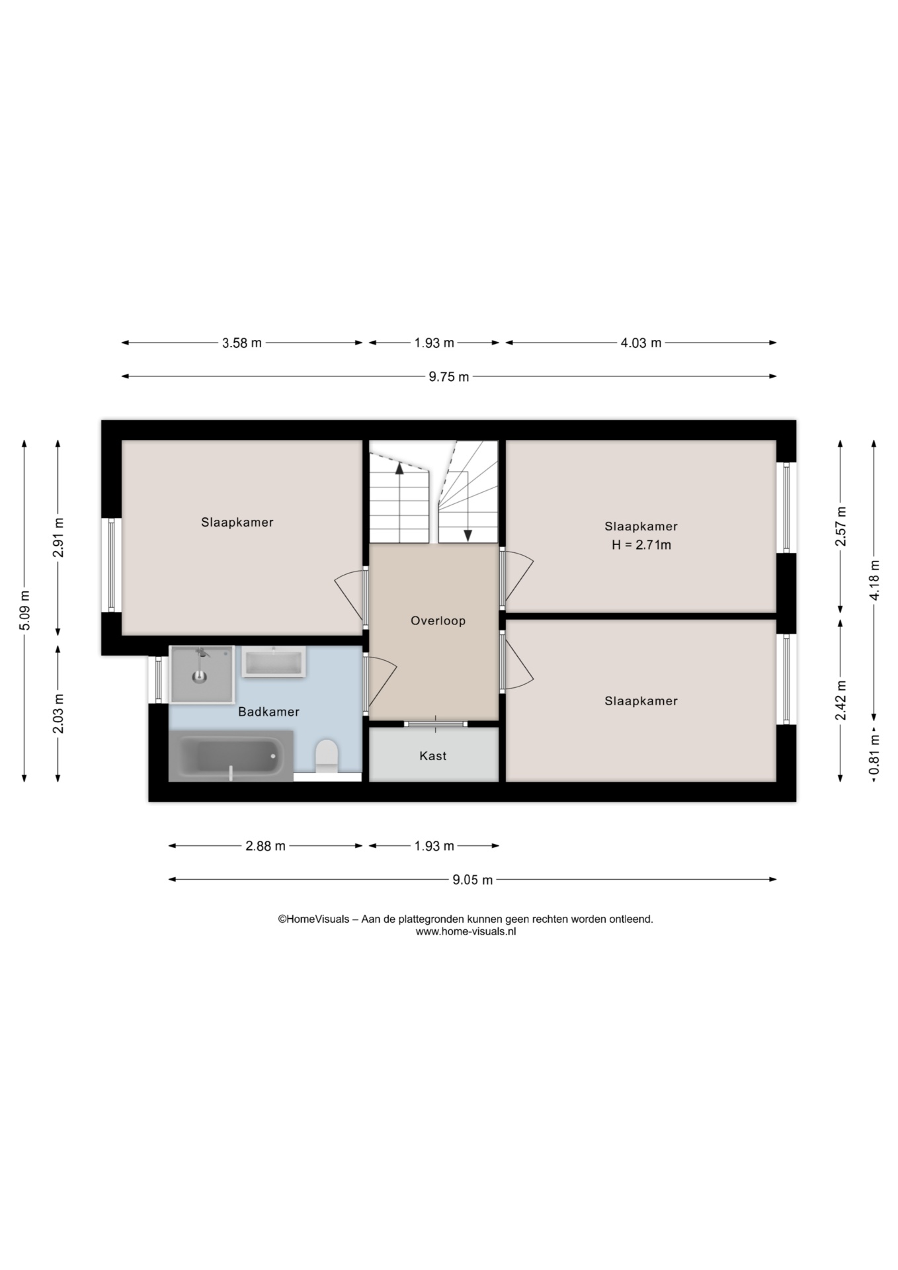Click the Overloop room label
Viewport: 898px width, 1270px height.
click(x=438, y=620)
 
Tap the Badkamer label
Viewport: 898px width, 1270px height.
click(x=268, y=712)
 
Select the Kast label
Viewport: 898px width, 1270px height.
click(x=433, y=755)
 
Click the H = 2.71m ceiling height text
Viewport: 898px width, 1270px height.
click(x=641, y=545)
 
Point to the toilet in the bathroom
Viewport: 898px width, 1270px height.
click(x=327, y=756)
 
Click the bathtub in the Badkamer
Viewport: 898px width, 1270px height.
click(x=231, y=756)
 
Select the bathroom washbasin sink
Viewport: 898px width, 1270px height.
click(x=274, y=661)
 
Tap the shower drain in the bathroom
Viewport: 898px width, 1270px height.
click(x=199, y=677)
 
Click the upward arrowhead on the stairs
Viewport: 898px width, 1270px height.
click(x=399, y=468)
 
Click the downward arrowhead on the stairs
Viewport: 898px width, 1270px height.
click(x=468, y=536)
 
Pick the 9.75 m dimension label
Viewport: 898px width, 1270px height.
click(x=449, y=377)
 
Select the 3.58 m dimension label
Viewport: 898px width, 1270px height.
click(x=242, y=343)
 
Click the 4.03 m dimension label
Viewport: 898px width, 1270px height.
click(x=641, y=343)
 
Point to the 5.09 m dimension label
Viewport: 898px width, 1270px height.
click(x=25, y=611)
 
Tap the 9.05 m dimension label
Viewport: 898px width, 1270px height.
click(x=473, y=880)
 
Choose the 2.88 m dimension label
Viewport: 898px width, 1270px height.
click(x=266, y=846)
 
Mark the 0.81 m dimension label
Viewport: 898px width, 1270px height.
click(x=874, y=754)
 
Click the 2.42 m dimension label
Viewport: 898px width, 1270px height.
click(x=840, y=700)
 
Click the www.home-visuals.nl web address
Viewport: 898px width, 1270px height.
click(x=466, y=931)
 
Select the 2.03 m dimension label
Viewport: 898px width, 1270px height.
click(x=59, y=713)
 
